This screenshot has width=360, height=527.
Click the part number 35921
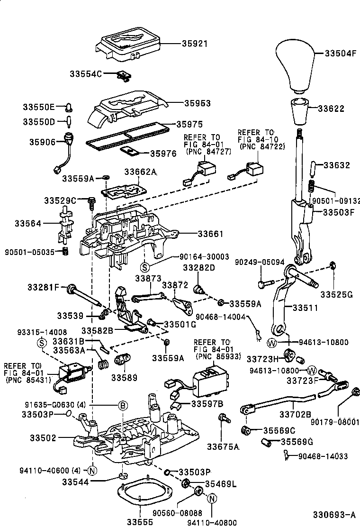point(195,43)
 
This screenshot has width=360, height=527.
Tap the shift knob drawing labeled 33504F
point(297,66)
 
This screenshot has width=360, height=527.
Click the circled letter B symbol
point(122,405)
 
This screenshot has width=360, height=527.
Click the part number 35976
point(163,154)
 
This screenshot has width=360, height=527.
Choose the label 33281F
point(43,287)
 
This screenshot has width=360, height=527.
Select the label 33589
point(124,378)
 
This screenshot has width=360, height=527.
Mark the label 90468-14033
point(323,456)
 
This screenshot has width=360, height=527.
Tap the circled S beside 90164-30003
point(146,266)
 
